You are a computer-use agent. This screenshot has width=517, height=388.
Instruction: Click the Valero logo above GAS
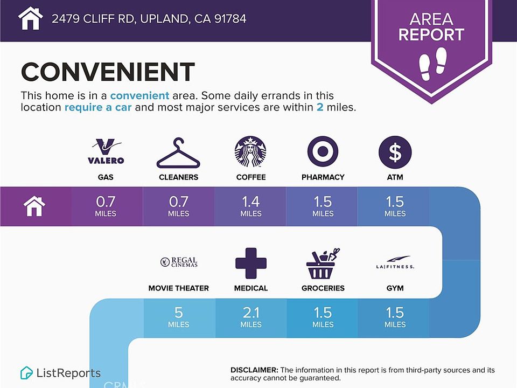106,151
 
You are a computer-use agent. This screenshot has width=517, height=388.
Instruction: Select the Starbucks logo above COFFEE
250,152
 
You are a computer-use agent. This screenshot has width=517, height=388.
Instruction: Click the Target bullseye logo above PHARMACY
323,151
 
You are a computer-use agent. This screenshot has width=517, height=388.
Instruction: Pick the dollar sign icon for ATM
395,152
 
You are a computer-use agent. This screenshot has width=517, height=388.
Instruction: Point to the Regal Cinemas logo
179,262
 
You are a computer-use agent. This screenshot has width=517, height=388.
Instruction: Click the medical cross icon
251,264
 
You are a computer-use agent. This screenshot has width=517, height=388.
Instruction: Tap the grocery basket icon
323,264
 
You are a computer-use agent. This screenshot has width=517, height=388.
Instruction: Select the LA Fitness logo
395,262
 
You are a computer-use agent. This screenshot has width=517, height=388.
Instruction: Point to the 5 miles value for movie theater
179,317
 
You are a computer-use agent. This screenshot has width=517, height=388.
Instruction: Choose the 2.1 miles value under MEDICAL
250,317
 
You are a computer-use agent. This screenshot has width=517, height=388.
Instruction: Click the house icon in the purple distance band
34,206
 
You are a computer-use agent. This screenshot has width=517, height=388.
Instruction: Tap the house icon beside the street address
30,18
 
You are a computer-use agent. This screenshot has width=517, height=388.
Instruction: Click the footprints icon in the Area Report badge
432,64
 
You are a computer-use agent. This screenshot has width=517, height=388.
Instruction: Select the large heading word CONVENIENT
108,72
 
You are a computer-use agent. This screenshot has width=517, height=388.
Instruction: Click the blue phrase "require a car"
98,107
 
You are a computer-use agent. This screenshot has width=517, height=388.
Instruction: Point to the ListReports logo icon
26,373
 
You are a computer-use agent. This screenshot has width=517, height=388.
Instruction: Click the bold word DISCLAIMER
254,370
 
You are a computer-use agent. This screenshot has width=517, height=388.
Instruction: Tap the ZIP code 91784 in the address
230,18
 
